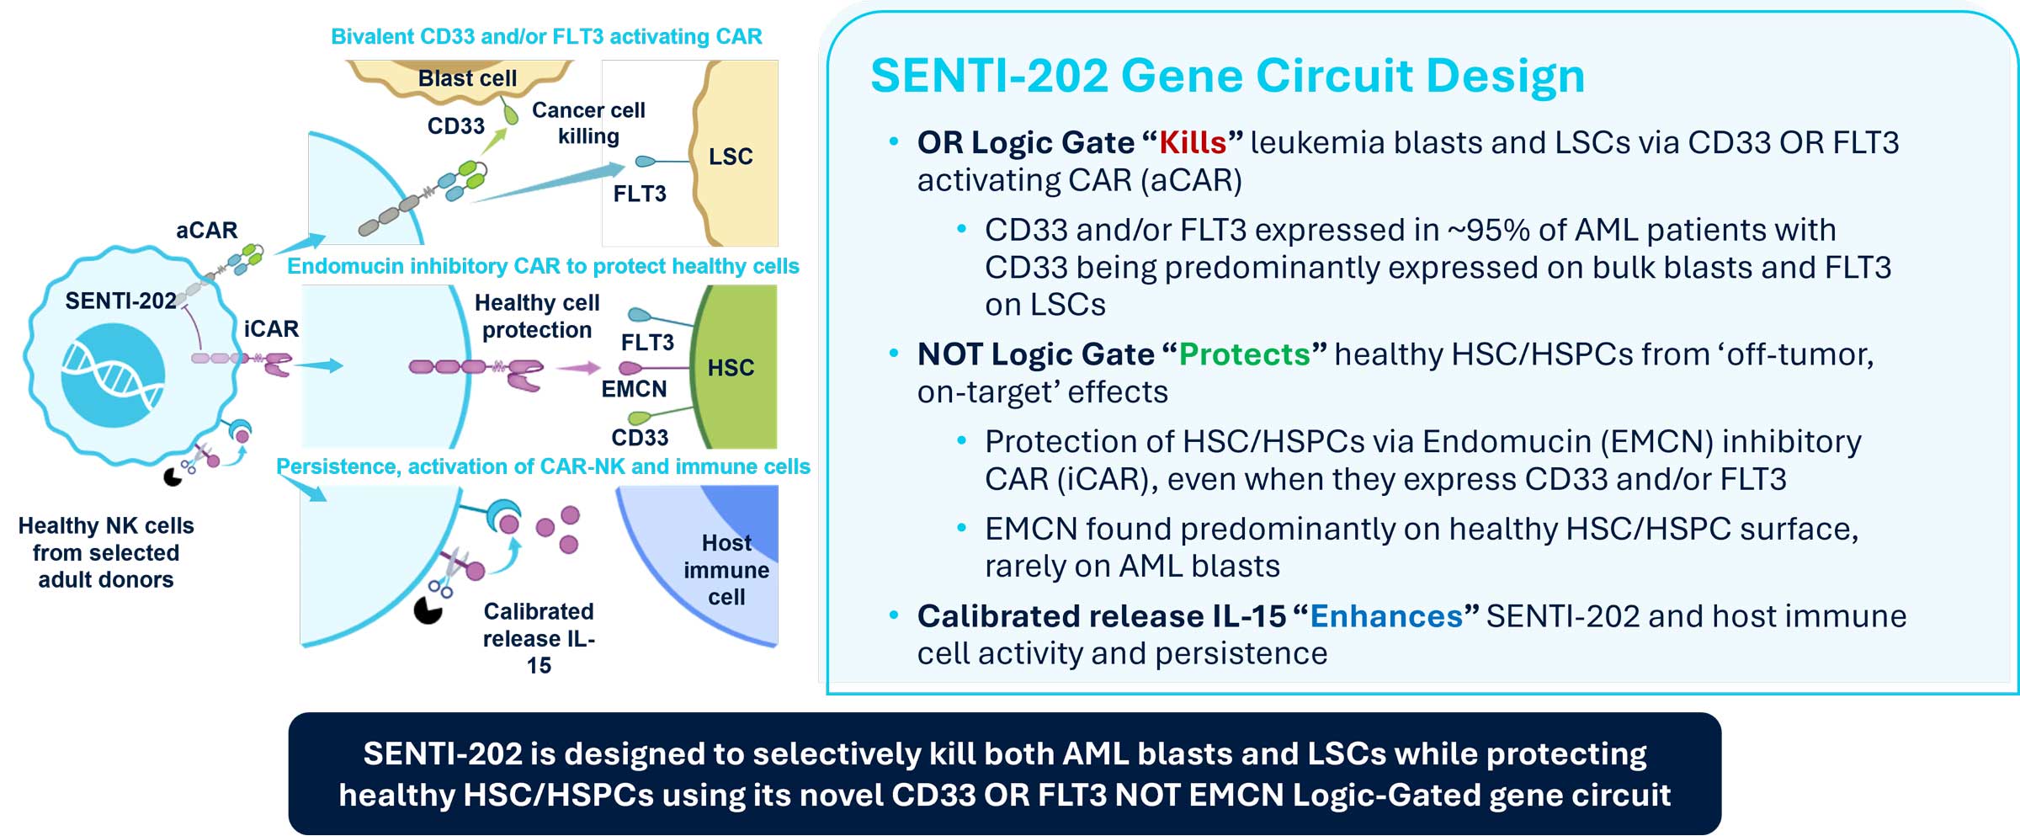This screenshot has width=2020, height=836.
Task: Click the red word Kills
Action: pyautogui.click(x=1192, y=143)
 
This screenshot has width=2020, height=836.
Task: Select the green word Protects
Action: pyautogui.click(x=1244, y=354)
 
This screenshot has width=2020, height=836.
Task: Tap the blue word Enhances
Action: pyautogui.click(x=1385, y=616)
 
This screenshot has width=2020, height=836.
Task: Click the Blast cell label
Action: pyautogui.click(x=467, y=78)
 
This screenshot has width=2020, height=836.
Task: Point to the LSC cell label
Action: pyautogui.click(x=730, y=157)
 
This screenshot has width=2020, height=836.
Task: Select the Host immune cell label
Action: pyautogui.click(x=726, y=570)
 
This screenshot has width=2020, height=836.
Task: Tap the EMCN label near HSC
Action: pyautogui.click(x=634, y=389)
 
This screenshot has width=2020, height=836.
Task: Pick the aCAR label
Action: pyautogui.click(x=206, y=230)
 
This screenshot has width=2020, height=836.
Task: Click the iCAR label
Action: pyautogui.click(x=271, y=328)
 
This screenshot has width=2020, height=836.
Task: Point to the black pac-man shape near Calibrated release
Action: pyautogui.click(x=428, y=610)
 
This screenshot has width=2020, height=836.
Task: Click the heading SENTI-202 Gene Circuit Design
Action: pyautogui.click(x=1226, y=76)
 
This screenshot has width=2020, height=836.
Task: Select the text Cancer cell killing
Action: pyautogui.click(x=588, y=123)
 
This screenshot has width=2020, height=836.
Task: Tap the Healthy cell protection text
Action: pyautogui.click(x=537, y=316)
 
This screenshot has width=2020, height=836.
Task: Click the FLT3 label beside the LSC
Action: pyautogui.click(x=639, y=194)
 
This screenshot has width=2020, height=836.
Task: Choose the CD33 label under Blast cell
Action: pyautogui.click(x=455, y=126)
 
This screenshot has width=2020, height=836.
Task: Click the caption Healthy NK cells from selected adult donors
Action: pyautogui.click(x=106, y=552)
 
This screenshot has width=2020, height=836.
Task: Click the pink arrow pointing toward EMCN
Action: pyautogui.click(x=578, y=368)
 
